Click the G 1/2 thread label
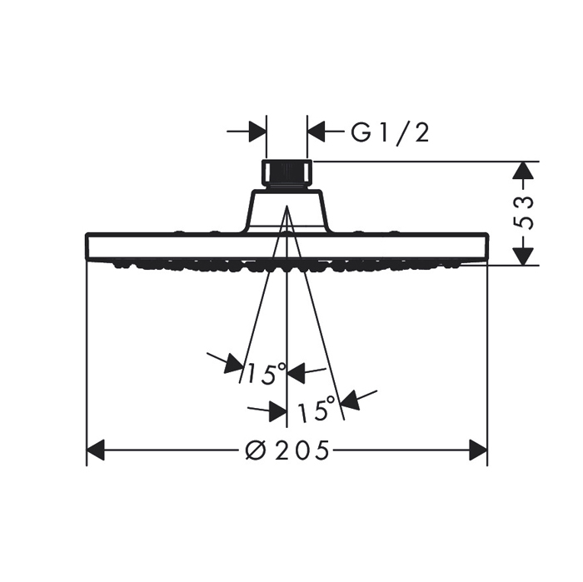pyautogui.click(x=390, y=132)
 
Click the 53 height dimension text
pyautogui.click(x=523, y=212)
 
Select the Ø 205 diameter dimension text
pyautogui.click(x=287, y=450)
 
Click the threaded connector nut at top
pyautogui.click(x=287, y=175)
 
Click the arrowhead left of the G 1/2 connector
pyautogui.click(x=257, y=132)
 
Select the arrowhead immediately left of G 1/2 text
pyautogui.click(x=316, y=132)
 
